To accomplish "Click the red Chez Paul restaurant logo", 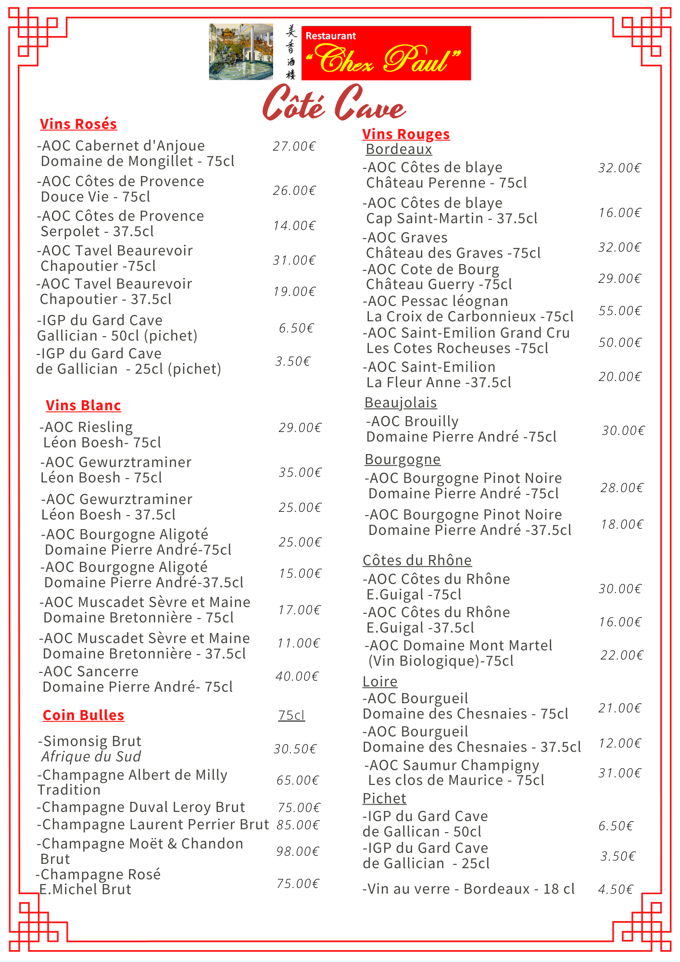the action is coord(386,53).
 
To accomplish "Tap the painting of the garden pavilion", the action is coord(241,52).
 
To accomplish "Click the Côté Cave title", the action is coord(334,103).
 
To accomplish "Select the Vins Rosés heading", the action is coord(78,124).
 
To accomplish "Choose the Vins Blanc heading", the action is coord(83,405).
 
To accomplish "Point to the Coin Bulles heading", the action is coord(83,715).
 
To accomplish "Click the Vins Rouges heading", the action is coord(406,134).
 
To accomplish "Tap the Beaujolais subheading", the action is coord(401,403).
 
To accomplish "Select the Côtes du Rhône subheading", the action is coord(417,560).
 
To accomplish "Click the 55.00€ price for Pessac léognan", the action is coord(620,311).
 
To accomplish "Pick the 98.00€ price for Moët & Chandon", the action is coord(298,851).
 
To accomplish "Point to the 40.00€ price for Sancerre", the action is coord(297,676).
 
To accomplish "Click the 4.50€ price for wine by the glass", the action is coord(616,889).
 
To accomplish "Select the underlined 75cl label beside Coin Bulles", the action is coord(291,715).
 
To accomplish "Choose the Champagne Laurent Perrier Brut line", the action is coord(153,824).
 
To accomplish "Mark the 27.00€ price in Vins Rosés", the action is coord(294,146).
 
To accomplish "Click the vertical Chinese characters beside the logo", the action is coord(291,52).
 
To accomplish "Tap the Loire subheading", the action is coord(380,682).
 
